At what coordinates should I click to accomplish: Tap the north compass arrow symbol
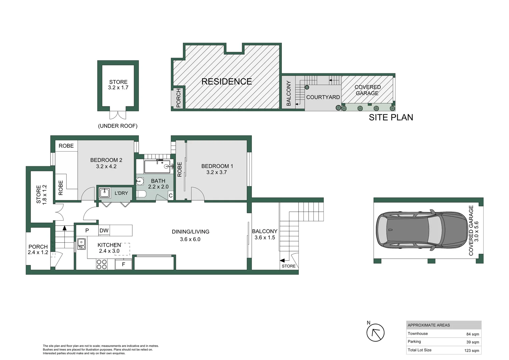coord(375,333)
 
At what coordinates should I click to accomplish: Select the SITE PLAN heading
coord(391,117)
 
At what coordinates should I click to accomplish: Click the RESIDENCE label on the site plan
coord(227,81)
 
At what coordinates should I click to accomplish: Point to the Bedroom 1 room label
coord(217,166)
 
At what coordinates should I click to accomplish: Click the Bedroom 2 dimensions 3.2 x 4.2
coord(106,166)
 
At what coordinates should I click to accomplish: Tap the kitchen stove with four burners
coord(102,264)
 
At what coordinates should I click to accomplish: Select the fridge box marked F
coord(123,264)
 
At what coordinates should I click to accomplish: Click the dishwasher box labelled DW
coord(104,230)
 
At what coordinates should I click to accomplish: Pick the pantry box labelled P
coord(87,230)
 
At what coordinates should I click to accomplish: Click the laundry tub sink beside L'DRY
coord(105,193)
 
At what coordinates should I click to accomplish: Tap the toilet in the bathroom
coord(141,194)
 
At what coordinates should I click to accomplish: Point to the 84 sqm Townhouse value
coord(472,334)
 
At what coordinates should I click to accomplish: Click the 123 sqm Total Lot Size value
coord(471,350)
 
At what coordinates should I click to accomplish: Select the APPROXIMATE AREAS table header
coord(429,325)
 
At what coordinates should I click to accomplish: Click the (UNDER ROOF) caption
coord(118,126)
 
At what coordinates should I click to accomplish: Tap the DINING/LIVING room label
coord(190,232)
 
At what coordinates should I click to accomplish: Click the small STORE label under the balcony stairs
coord(288,266)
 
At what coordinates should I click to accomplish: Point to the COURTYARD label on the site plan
coord(323,97)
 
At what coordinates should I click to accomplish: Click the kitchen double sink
coord(81,244)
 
